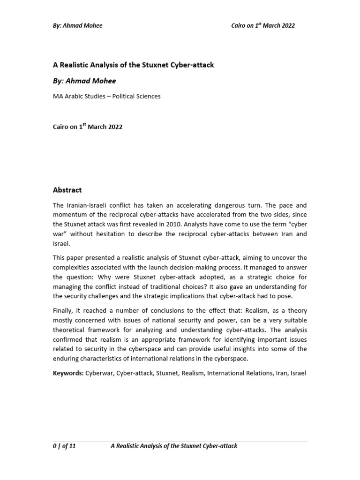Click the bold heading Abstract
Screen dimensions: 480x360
67,190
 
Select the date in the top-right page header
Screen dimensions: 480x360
263,25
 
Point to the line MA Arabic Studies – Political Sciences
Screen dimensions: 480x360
106,96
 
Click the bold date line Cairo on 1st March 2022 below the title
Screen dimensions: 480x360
87,127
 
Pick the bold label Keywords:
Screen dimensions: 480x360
68,373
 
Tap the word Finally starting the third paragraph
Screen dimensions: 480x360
63,311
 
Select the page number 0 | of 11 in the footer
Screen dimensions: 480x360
64,446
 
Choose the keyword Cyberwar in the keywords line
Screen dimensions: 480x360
99,373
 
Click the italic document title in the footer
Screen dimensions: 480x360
173,446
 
